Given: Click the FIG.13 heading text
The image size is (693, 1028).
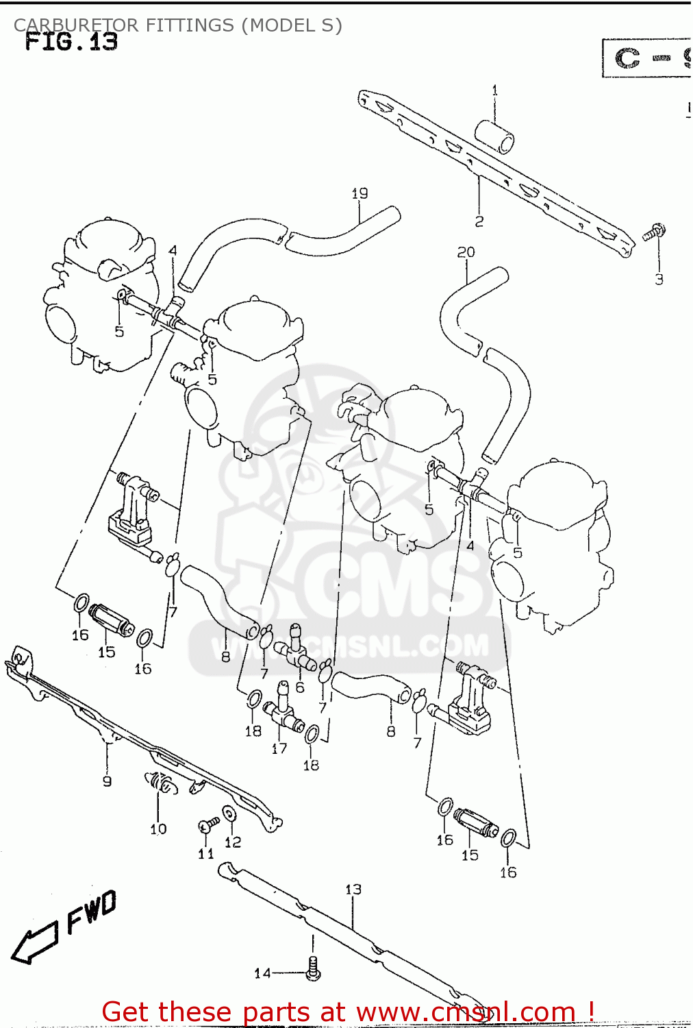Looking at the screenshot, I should tap(71, 42).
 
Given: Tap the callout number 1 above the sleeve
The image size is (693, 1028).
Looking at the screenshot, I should tap(494, 90).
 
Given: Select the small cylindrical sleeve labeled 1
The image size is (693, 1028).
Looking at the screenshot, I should tap(495, 136).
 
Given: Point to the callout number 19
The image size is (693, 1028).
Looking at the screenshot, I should tap(360, 193).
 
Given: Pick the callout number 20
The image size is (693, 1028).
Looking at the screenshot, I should tap(466, 252).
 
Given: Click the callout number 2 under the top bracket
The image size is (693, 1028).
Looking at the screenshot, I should tap(479, 221).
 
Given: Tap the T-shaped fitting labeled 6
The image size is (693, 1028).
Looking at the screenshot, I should tap(295, 651).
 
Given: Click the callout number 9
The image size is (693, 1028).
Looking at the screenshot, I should tap(107, 781).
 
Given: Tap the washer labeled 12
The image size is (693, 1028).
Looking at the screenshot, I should tap(229, 813).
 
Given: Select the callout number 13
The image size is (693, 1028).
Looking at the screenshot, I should tap(353, 890).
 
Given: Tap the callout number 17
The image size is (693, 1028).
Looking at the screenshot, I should tap(279, 748).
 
